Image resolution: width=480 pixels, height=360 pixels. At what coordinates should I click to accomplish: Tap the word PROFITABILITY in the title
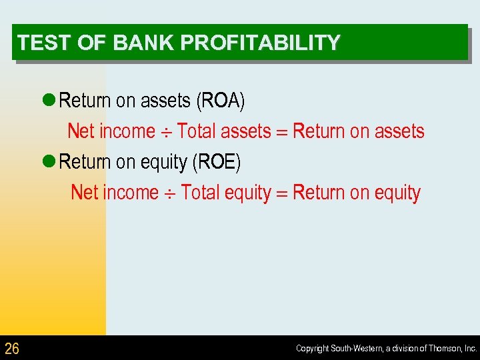click(260, 43)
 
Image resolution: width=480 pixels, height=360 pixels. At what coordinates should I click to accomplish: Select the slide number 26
click(12, 348)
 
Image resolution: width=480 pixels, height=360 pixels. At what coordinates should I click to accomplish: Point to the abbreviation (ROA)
click(220, 101)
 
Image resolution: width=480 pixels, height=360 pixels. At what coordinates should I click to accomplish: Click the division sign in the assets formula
click(166, 132)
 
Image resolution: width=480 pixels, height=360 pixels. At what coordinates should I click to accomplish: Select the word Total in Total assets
click(197, 131)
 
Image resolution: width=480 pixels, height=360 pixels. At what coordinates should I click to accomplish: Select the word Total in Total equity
click(200, 193)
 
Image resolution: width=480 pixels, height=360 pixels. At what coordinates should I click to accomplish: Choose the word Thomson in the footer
click(443, 349)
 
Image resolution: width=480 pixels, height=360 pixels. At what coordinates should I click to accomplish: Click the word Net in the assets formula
click(81, 131)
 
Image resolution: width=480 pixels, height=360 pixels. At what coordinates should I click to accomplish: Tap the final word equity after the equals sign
click(397, 193)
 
